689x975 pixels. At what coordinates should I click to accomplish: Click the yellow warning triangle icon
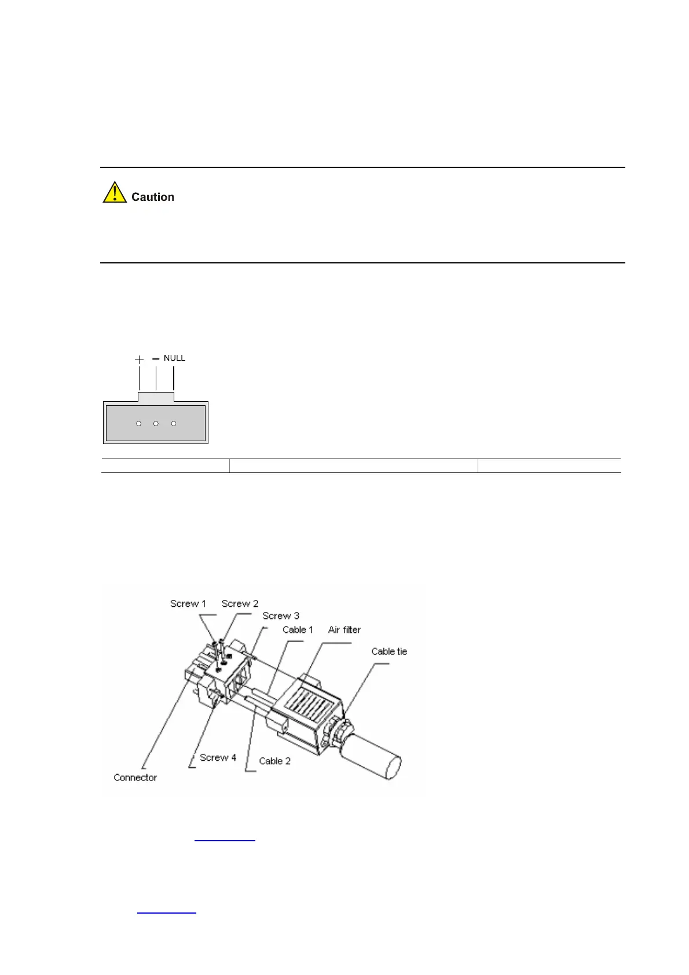pos(115,193)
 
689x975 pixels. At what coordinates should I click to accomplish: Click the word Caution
pos(153,197)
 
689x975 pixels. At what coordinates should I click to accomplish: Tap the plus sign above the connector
pos(139,360)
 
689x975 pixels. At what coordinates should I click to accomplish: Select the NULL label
pos(174,358)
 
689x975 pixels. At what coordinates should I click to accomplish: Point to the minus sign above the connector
pos(156,359)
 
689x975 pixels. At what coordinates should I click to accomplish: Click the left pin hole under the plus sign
pos(139,424)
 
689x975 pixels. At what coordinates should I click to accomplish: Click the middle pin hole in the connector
pos(156,424)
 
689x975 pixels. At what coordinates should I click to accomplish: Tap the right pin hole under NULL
pos(174,424)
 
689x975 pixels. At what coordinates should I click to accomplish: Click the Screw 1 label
pos(188,604)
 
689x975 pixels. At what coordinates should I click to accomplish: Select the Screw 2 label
pos(240,604)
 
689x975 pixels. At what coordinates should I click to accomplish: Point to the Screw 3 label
pos(281,616)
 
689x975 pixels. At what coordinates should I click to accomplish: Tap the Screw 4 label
pos(218,758)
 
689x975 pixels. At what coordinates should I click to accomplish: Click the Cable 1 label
pos(298,630)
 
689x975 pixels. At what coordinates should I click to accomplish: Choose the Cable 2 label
pos(274,761)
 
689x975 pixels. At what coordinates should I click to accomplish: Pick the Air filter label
pos(344,630)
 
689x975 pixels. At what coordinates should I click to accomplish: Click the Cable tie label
pos(389,652)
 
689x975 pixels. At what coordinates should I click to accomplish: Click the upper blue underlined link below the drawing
pos(225,839)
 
